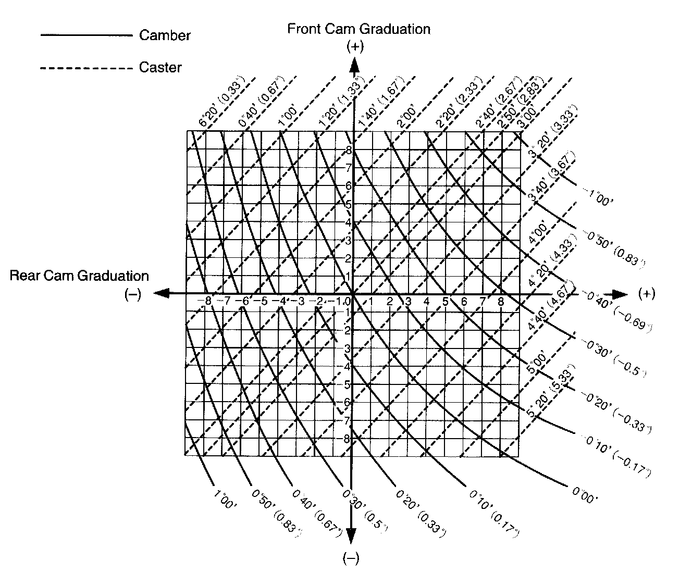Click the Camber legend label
click(x=165, y=35)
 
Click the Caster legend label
click(x=160, y=67)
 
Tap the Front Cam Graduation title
click(x=359, y=29)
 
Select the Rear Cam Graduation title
click(x=79, y=276)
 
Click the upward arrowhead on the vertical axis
click(x=354, y=65)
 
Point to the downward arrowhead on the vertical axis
click(x=352, y=537)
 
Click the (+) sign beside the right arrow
click(x=646, y=294)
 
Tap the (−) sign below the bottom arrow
click(x=352, y=559)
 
